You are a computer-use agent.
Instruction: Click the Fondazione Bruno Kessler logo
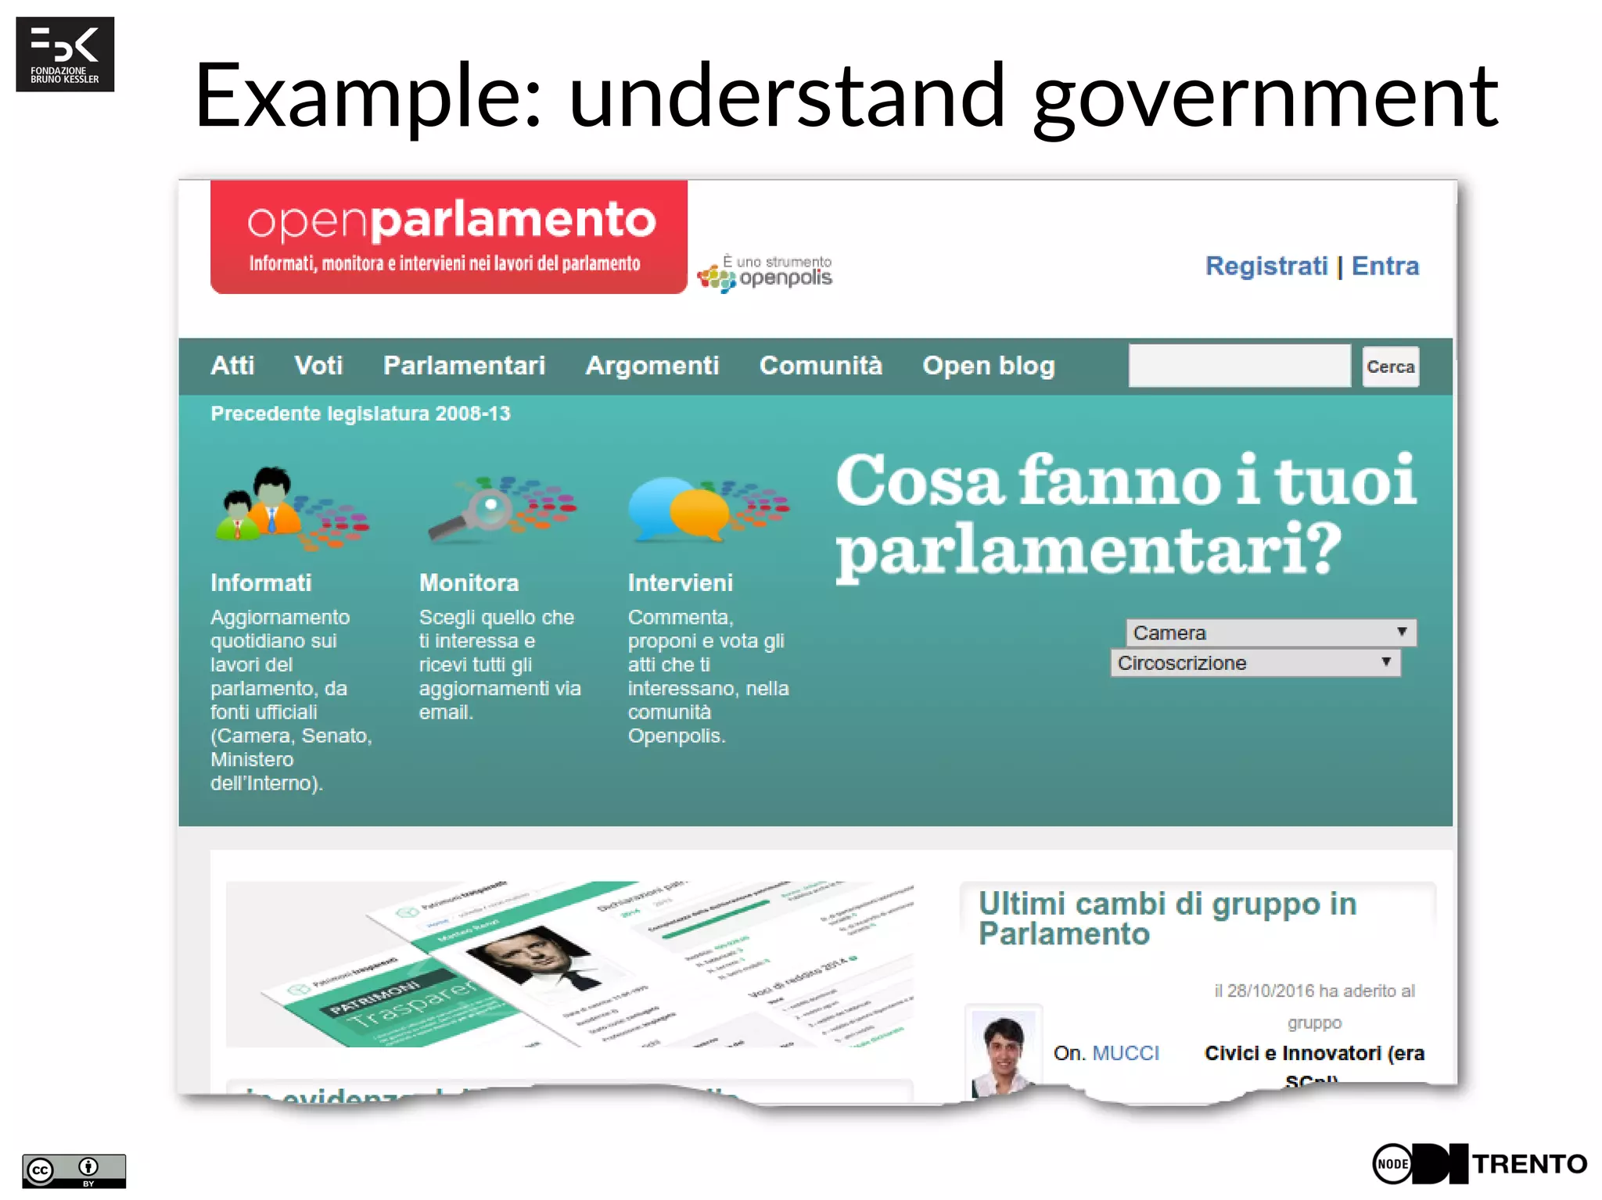(x=65, y=54)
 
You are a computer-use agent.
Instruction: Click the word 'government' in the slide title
(x=1266, y=97)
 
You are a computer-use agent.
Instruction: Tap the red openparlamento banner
(x=449, y=236)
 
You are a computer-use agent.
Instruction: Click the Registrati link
(x=1266, y=266)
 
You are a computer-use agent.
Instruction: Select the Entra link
(x=1385, y=266)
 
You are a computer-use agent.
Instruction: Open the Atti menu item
(x=232, y=366)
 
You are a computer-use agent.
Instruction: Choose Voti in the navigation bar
(x=318, y=366)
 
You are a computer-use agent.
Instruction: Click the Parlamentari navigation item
(x=464, y=366)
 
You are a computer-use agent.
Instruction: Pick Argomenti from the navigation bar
(x=652, y=366)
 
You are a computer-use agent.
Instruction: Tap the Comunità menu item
(x=821, y=366)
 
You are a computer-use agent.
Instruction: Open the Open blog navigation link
(x=988, y=366)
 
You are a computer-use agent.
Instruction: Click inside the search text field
(x=1239, y=366)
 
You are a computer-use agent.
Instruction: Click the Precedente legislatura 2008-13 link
(x=360, y=414)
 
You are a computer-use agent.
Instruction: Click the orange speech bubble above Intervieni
(x=699, y=512)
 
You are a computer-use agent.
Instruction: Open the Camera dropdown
(x=1270, y=632)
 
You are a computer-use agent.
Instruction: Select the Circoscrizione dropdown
(x=1255, y=663)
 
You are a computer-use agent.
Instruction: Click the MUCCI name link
(x=1126, y=1053)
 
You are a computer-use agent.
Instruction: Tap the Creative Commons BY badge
(x=74, y=1170)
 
